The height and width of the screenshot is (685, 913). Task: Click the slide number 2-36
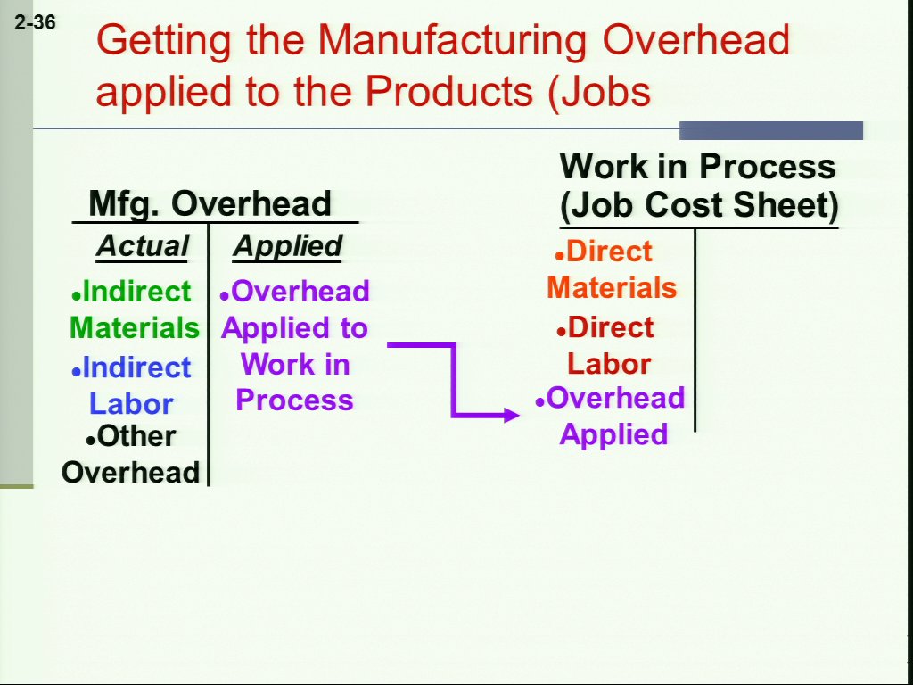pos(36,22)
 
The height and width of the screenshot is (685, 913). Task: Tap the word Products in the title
pos(448,91)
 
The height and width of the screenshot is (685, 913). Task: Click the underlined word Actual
pos(143,245)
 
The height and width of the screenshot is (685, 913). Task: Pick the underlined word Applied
pos(288,245)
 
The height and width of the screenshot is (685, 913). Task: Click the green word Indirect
pos(136,292)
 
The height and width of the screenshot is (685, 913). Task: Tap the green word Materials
pos(136,327)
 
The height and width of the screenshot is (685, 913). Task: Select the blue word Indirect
pos(136,367)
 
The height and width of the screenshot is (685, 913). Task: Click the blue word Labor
pos(132,404)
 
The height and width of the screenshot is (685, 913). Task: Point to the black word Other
pos(136,436)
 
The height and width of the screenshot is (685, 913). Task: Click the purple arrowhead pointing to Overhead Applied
pos(510,415)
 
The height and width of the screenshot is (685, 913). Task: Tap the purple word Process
pos(294,400)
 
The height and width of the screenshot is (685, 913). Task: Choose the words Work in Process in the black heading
pos(697,166)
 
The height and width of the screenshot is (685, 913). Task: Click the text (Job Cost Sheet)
pos(699,205)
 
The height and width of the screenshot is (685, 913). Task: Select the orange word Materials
pos(612,288)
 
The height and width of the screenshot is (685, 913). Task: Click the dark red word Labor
pos(609,364)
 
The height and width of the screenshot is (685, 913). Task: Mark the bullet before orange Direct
pos(560,256)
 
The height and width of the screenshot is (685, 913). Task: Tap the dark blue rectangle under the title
pos(771,130)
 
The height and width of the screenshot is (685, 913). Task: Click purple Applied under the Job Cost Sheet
pos(613,434)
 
